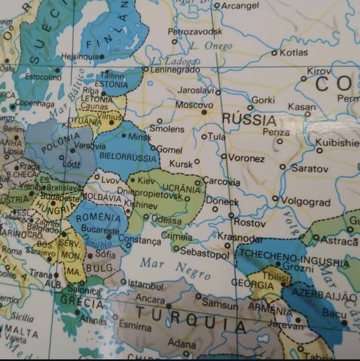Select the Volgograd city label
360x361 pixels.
click(x=305, y=202)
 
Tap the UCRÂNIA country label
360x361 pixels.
click(x=179, y=188)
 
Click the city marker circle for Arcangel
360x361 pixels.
click(x=217, y=5)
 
